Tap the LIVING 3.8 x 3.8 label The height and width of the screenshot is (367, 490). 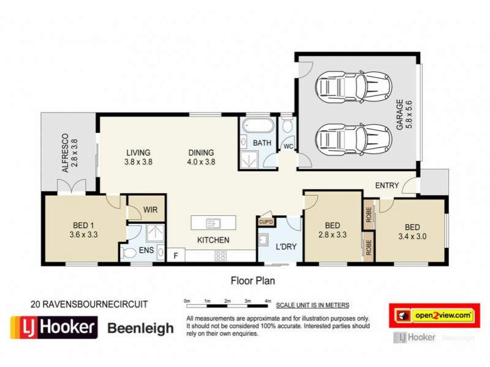(x=138, y=157)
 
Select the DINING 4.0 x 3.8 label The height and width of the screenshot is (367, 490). (x=201, y=157)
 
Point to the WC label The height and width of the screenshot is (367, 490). (x=288, y=147)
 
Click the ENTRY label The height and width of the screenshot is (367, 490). (x=387, y=186)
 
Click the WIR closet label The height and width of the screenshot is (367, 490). (x=151, y=210)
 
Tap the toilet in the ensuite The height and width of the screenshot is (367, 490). (x=130, y=253)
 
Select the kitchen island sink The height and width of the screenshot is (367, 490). (x=213, y=223)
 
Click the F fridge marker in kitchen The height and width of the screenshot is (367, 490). (x=176, y=255)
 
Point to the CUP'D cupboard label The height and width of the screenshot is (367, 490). (x=266, y=223)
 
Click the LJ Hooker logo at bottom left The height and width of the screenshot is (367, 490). (x=54, y=328)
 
